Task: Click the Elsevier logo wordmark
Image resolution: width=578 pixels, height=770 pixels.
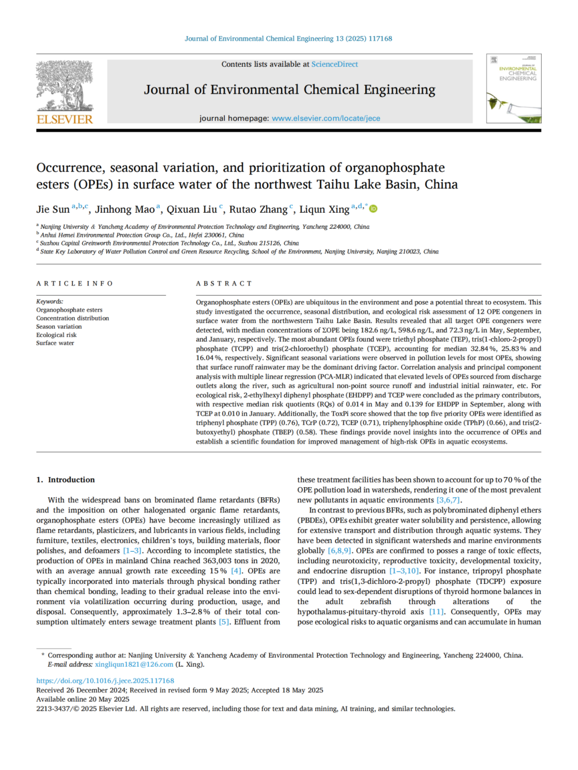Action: [x=65, y=119]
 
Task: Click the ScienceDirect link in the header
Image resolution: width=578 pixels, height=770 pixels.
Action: [x=334, y=64]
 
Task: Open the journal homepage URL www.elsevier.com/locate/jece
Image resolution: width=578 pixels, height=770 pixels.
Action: [x=325, y=118]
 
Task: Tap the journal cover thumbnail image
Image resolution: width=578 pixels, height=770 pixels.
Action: [x=513, y=89]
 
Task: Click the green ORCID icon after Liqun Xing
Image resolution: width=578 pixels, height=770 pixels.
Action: [x=374, y=209]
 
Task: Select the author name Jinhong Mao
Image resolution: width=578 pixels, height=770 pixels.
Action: [x=125, y=210]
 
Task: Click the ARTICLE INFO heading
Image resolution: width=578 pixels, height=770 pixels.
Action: [x=75, y=283]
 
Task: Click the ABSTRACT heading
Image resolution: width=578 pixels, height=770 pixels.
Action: [x=224, y=283]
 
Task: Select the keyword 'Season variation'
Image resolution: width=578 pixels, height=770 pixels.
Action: [x=59, y=327]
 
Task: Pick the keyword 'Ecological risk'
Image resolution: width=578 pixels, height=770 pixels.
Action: [x=56, y=335]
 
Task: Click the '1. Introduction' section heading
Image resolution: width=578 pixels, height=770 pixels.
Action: [x=65, y=480]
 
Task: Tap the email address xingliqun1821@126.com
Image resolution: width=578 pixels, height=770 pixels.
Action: [x=134, y=664]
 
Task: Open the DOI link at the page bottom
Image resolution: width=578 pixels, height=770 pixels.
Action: [x=105, y=681]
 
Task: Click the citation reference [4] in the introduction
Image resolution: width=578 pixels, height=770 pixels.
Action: [x=236, y=571]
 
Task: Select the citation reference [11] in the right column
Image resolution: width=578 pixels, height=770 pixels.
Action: [x=437, y=612]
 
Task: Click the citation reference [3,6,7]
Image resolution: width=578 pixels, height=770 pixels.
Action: [x=448, y=500]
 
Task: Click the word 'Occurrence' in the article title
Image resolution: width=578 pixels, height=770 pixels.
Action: [x=70, y=168]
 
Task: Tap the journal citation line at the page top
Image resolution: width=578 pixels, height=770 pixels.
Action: [x=288, y=38]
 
